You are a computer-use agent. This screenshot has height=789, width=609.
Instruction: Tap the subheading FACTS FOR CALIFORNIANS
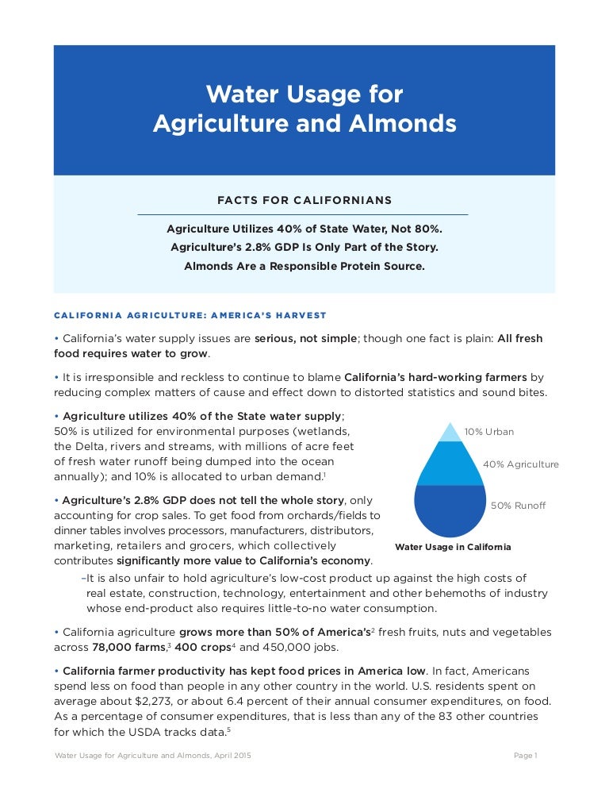pyautogui.click(x=304, y=200)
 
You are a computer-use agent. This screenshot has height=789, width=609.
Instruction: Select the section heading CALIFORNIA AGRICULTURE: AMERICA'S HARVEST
pyautogui.click(x=190, y=316)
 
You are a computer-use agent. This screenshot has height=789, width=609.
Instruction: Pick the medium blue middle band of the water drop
pyautogui.click(x=450, y=464)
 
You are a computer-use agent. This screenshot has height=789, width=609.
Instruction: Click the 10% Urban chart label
pyautogui.click(x=489, y=432)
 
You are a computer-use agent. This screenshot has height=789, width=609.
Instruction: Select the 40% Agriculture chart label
pyautogui.click(x=520, y=464)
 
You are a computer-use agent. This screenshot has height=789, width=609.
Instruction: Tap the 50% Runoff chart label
pyautogui.click(x=519, y=506)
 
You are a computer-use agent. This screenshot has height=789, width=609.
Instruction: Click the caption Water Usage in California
pyautogui.click(x=453, y=547)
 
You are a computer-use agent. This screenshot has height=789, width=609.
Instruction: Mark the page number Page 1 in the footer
pyautogui.click(x=525, y=756)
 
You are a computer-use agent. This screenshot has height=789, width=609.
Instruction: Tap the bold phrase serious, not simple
pyautogui.click(x=305, y=338)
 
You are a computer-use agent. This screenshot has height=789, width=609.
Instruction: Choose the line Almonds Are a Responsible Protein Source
pyautogui.click(x=304, y=266)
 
